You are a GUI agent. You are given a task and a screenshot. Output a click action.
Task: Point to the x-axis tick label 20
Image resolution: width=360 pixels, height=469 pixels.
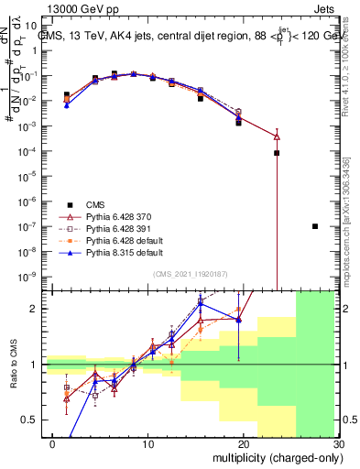[241, 442]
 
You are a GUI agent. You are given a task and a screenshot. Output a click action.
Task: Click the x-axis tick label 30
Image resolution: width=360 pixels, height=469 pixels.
[337, 442]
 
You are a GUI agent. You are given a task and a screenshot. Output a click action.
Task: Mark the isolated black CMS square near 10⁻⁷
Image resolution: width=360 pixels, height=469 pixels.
[315, 226]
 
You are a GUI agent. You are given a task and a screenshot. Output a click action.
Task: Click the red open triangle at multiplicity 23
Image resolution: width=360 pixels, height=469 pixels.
[277, 136]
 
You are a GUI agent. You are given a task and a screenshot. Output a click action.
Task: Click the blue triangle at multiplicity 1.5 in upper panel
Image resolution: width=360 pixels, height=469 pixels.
[66, 105]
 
